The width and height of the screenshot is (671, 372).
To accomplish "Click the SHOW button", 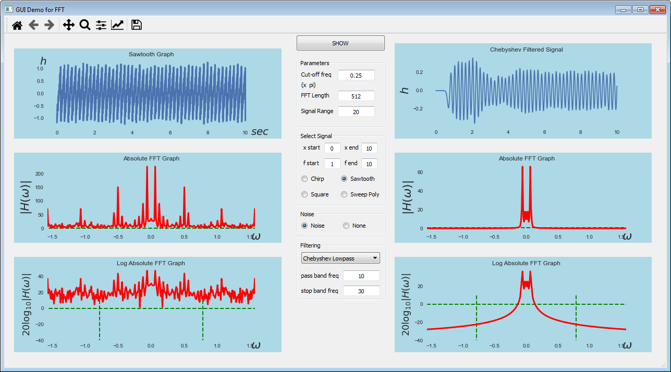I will [x=340, y=43].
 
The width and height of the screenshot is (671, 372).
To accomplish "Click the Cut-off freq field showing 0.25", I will [x=356, y=75].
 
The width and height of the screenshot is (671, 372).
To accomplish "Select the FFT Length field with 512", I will [x=356, y=96].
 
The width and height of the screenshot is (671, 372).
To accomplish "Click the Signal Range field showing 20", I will [x=356, y=111].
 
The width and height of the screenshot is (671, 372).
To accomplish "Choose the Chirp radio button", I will [x=304, y=179].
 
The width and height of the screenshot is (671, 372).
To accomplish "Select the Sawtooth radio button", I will [x=344, y=179].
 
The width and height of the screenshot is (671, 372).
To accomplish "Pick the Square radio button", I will [x=304, y=194].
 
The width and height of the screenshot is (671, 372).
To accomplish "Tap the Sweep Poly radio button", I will [x=344, y=194].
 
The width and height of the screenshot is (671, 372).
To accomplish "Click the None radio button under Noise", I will [x=346, y=226].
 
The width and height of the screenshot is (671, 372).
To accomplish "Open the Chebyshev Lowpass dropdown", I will [x=340, y=258].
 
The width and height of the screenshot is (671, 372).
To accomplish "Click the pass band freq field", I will [x=361, y=276].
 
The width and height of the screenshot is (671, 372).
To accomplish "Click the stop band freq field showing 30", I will [x=361, y=291].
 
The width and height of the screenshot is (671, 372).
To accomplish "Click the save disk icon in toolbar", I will [x=137, y=24].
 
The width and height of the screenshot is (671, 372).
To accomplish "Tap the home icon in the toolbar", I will [x=17, y=25].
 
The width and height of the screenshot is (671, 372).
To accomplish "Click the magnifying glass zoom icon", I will [x=84, y=24].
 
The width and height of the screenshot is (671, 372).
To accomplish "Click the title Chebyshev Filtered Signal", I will [x=526, y=49].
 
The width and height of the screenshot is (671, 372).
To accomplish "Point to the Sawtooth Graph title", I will [x=151, y=54].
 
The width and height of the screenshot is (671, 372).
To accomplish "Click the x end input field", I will [x=369, y=148].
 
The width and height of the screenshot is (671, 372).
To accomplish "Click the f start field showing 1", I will [x=332, y=164].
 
